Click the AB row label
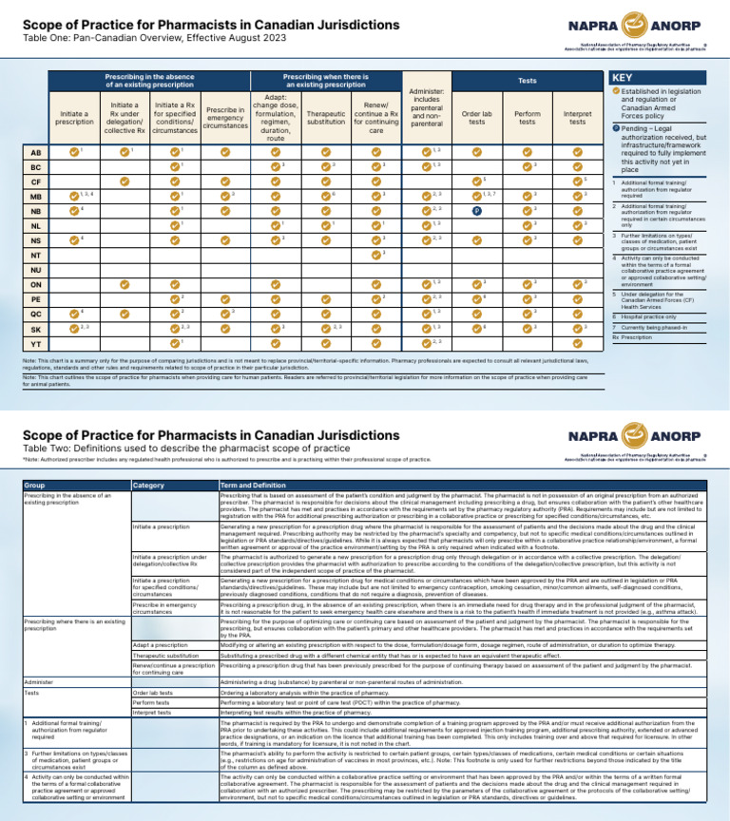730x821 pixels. click(x=35, y=151)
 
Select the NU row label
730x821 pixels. click(x=35, y=269)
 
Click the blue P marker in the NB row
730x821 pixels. click(x=476, y=210)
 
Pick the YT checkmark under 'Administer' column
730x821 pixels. click(x=426, y=342)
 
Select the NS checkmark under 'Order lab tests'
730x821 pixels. click(x=476, y=239)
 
